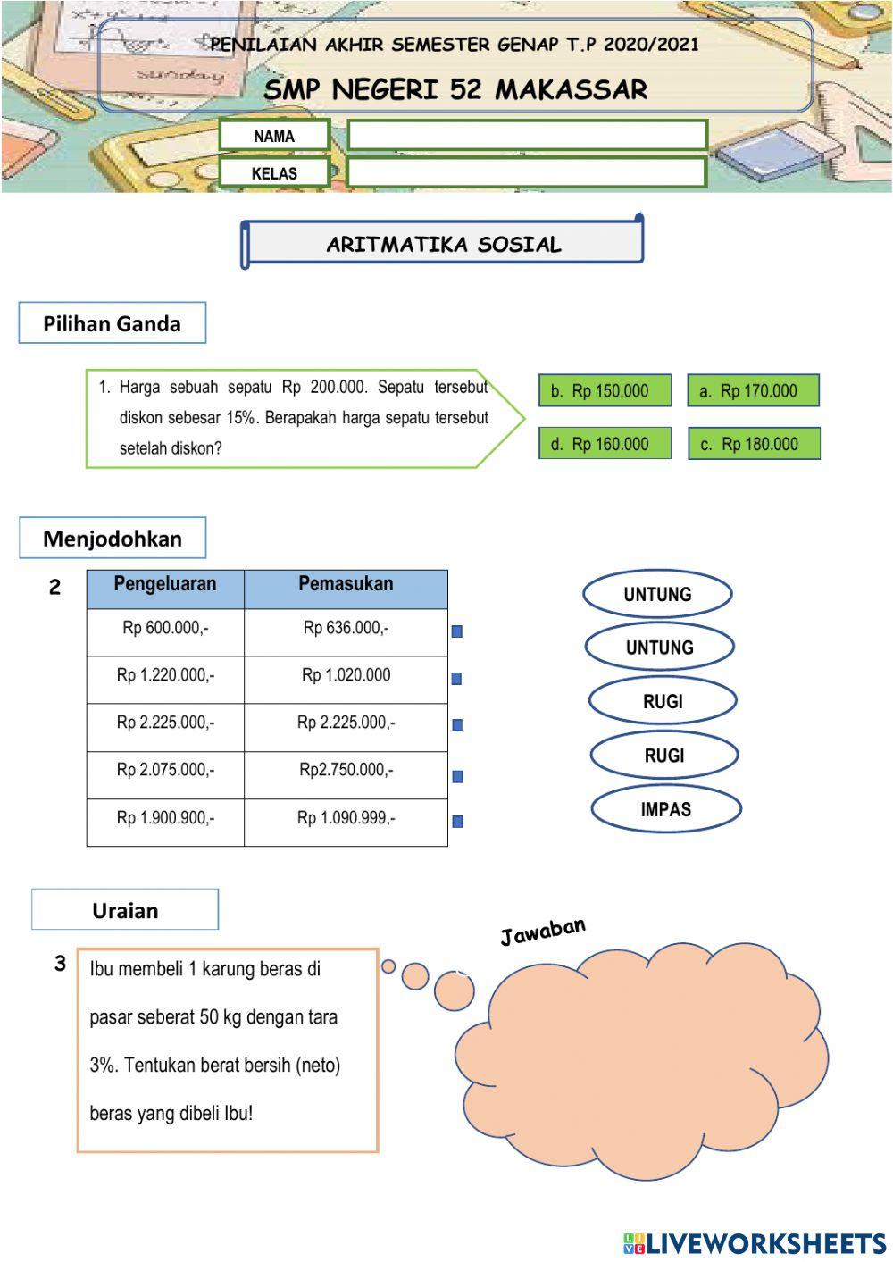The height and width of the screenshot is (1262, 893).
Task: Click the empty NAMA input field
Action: [x=527, y=135]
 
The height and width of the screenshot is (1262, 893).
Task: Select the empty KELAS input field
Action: [x=527, y=172]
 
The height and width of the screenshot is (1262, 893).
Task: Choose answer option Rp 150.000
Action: [x=605, y=390]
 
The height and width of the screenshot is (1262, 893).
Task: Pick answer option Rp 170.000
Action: [x=753, y=390]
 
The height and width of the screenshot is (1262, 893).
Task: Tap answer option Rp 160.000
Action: [x=605, y=444]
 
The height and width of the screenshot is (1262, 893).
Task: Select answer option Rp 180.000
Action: [x=754, y=444]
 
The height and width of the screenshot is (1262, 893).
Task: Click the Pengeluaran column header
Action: [x=165, y=585]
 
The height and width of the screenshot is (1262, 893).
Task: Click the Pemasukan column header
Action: [x=346, y=585]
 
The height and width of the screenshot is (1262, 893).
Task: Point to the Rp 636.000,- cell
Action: [x=346, y=629]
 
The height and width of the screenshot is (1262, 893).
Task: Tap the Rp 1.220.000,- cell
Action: [x=165, y=676]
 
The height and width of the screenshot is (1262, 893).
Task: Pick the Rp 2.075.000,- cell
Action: [x=165, y=770]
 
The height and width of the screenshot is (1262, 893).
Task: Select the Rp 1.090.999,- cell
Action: [x=346, y=818]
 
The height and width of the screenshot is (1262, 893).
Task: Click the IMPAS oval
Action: [x=665, y=809]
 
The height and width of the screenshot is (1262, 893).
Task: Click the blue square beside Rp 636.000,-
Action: [x=457, y=631]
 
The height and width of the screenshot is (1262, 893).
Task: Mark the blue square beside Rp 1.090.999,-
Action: [x=457, y=822]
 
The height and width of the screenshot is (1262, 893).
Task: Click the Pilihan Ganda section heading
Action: [x=112, y=323]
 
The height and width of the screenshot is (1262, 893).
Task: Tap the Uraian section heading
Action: [x=125, y=910]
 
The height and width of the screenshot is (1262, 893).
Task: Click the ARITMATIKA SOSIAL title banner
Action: [x=443, y=244]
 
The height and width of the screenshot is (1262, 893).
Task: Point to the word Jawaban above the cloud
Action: [x=543, y=931]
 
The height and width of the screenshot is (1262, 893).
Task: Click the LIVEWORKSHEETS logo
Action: [x=755, y=1243]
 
